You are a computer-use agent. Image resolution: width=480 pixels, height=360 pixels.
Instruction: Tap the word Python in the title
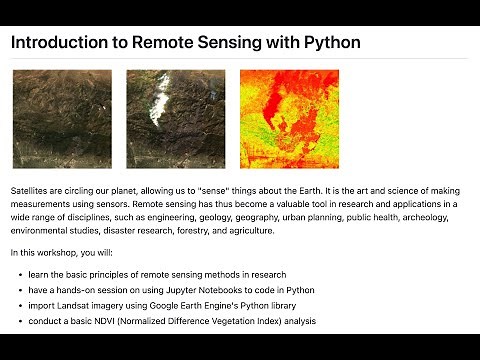327,43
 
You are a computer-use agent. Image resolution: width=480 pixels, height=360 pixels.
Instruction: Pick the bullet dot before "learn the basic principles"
22,274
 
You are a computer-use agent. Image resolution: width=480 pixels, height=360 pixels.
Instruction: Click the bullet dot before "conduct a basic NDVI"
22,321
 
